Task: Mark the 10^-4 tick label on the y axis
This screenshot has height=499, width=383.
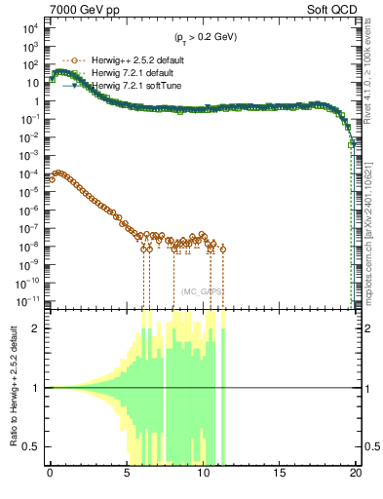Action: [28, 173]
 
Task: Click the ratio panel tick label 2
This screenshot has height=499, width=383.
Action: [38, 328]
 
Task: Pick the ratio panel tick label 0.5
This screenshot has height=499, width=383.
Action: [33, 447]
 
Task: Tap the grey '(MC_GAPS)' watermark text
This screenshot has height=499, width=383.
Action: [203, 291]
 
